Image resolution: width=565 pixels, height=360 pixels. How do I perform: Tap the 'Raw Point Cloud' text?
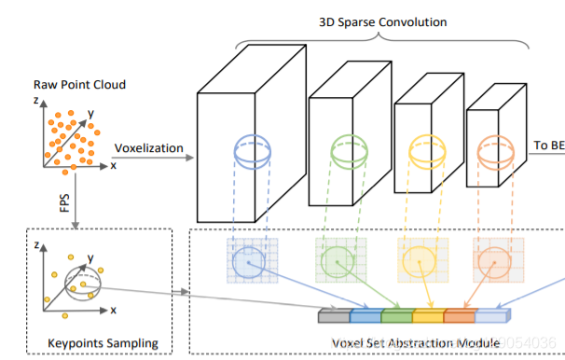point(80,85)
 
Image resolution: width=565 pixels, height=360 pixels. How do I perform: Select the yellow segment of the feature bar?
point(428,316)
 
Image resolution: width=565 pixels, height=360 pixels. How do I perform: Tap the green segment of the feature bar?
point(396,316)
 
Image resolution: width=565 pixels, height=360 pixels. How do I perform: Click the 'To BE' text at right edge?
point(549,145)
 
